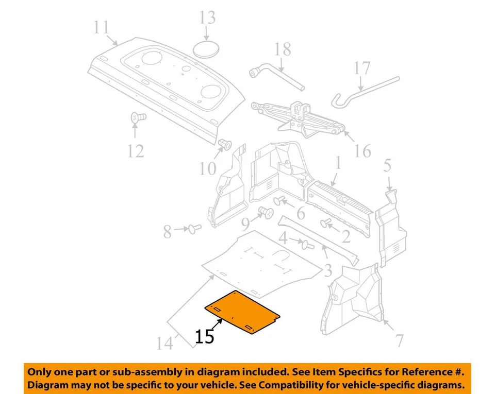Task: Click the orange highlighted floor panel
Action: [x=242, y=312]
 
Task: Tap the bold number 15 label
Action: [x=204, y=337]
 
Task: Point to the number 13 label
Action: [x=207, y=18]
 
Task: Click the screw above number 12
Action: [x=137, y=117]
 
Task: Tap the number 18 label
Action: [x=283, y=49]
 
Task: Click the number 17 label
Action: [x=362, y=68]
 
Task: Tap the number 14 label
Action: [x=164, y=343]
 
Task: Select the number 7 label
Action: [x=399, y=340]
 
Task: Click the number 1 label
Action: [x=338, y=164]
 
